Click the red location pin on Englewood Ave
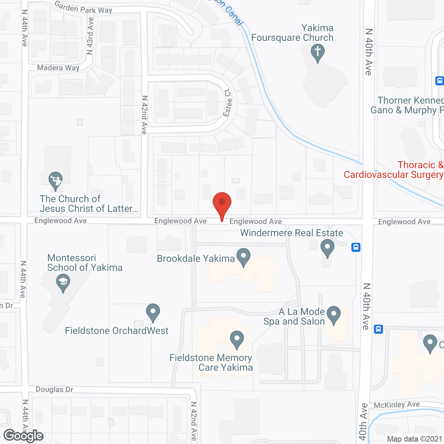(x=222, y=203)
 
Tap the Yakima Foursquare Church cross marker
(x=317, y=52)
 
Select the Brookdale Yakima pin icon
(x=244, y=257)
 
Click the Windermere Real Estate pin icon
(x=327, y=247)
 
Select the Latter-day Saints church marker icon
(x=55, y=180)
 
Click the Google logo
(x=24, y=436)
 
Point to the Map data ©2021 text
(x=415, y=439)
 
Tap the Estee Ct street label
(x=228, y=103)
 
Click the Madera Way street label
(x=58, y=68)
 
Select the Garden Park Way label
(x=84, y=8)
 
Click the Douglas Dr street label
(x=54, y=390)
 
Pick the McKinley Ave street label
(x=397, y=404)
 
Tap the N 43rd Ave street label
(x=90, y=36)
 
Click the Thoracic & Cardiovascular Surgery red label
(x=393, y=170)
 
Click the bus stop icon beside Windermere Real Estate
(x=356, y=247)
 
